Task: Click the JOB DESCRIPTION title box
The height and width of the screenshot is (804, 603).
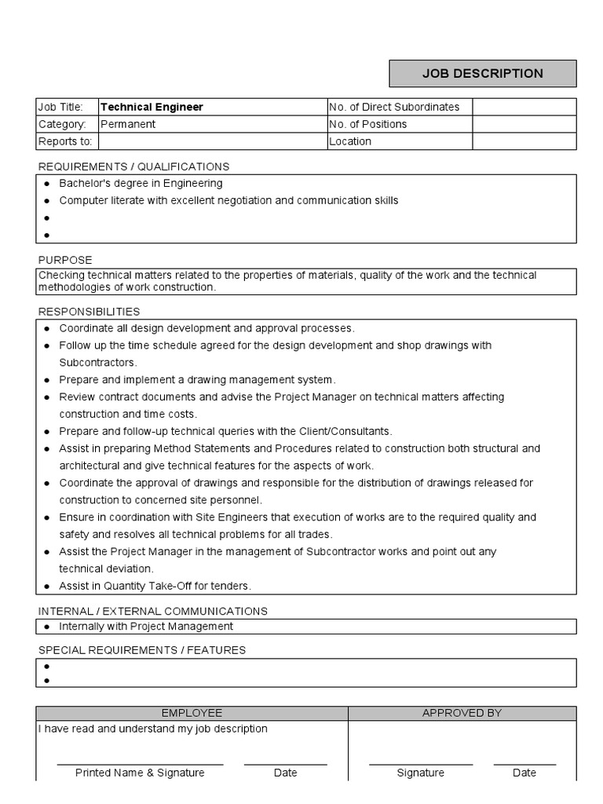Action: [483, 74]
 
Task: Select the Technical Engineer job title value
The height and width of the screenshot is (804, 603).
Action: [152, 107]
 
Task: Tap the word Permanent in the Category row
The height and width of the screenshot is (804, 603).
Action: [128, 124]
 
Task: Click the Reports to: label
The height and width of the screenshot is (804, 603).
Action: [65, 141]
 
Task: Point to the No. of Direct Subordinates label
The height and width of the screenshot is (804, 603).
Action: [394, 107]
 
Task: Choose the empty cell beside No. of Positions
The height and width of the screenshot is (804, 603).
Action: [524, 124]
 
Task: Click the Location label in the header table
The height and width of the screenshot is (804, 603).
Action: [350, 141]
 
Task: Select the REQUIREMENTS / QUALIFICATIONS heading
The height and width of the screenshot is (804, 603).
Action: [133, 166]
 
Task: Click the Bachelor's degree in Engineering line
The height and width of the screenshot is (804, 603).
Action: [141, 183]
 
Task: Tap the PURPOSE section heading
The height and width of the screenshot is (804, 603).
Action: [65, 260]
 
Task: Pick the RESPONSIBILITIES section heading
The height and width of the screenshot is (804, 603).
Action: [89, 312]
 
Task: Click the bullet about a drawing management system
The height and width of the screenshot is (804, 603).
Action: [197, 380]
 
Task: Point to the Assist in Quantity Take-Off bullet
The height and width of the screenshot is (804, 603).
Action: [155, 586]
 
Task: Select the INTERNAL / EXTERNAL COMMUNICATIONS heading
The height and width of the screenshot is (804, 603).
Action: [152, 611]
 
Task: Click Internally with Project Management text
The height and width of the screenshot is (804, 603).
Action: [146, 627]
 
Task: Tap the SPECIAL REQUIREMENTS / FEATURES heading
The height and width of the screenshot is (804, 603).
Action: [141, 650]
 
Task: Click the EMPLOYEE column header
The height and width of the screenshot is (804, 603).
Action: [192, 713]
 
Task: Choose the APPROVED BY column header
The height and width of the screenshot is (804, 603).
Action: [462, 713]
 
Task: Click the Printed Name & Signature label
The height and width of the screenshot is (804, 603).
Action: [140, 773]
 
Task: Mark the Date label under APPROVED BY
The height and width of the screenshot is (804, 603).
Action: [524, 773]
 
